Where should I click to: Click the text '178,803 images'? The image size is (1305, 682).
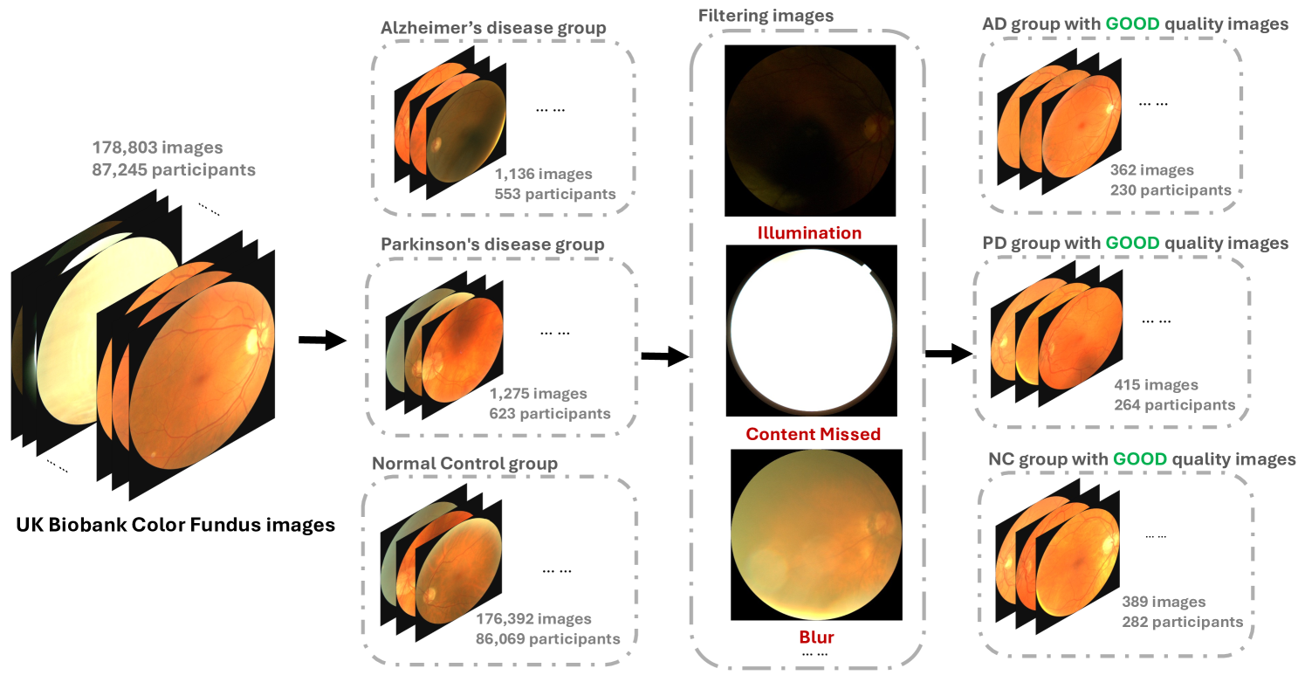tap(158, 148)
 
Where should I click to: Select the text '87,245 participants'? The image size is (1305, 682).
tap(174, 170)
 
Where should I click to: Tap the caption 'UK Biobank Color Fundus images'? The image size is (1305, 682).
tap(175, 525)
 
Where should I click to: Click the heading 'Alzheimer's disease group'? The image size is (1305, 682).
tap(493, 28)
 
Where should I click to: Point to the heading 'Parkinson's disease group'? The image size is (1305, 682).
tap(492, 244)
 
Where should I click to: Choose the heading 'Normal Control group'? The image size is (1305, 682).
tap(464, 463)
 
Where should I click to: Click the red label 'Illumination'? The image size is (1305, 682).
tap(809, 233)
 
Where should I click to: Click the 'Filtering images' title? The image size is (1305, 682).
tap(766, 16)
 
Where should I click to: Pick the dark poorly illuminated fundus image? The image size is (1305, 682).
tap(810, 130)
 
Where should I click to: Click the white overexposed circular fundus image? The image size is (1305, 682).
tap(810, 330)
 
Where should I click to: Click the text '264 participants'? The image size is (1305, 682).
tap(1174, 404)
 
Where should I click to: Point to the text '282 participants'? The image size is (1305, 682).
tap(1182, 622)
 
